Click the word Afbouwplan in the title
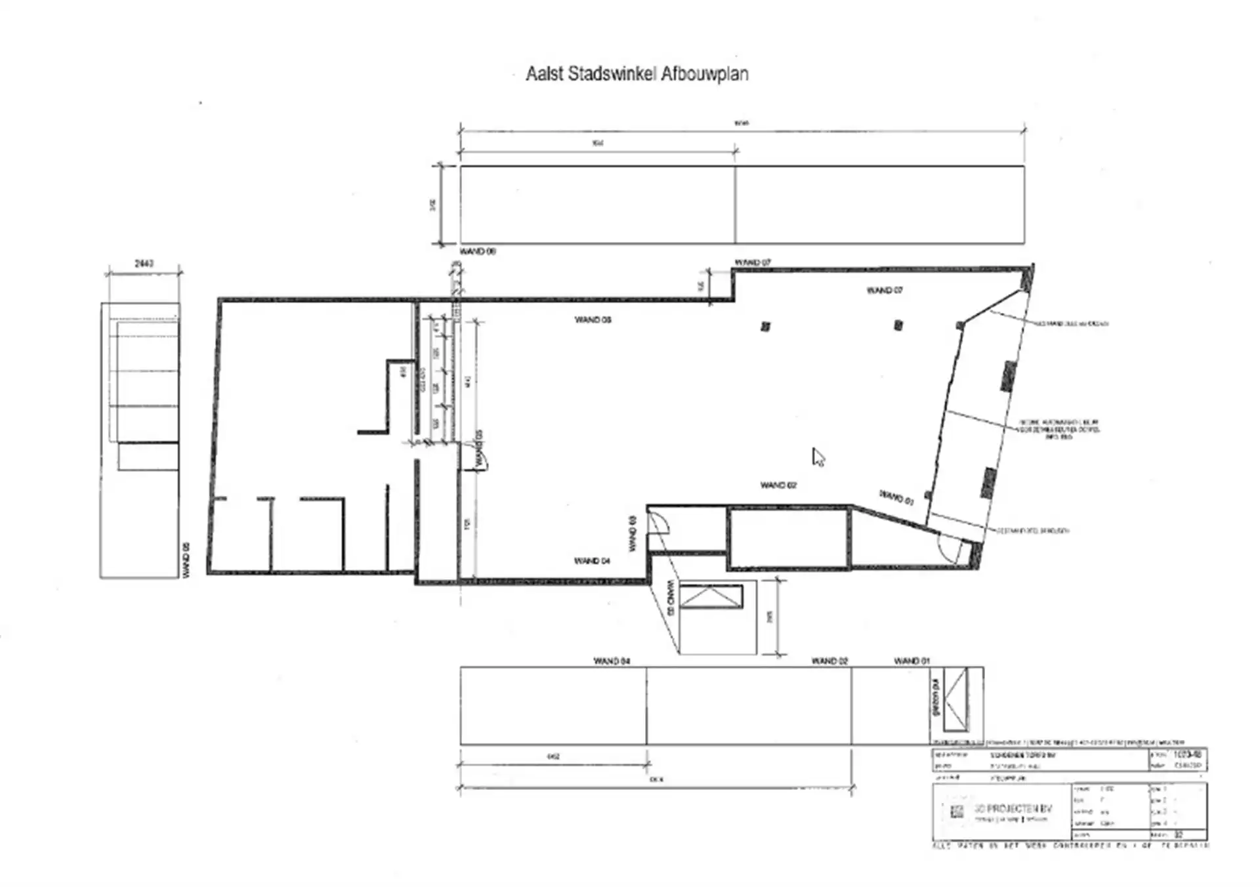click(704, 73)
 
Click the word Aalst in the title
click(545, 73)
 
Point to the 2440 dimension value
click(144, 263)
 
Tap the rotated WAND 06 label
click(186, 560)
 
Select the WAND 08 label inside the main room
click(593, 320)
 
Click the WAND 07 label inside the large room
click(884, 290)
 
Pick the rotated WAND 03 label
click(633, 533)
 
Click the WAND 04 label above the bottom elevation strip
click(612, 661)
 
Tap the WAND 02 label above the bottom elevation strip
click(829, 661)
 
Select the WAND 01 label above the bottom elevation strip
click(912, 661)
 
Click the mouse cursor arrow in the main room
click(818, 457)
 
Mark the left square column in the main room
click(765, 326)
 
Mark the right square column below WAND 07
click(898, 325)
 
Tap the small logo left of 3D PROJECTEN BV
click(957, 812)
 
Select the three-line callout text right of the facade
click(1059, 429)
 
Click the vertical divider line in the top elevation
click(735, 205)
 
